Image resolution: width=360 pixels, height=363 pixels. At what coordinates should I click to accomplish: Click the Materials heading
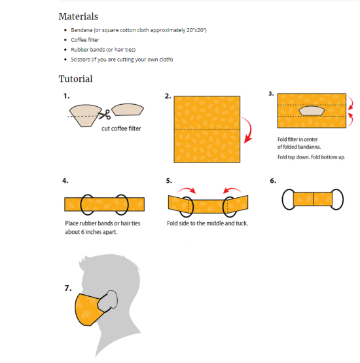click(x=79, y=16)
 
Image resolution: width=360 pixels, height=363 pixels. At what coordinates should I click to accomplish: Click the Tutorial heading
click(x=75, y=79)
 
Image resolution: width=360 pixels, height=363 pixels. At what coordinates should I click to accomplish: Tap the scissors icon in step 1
click(x=105, y=115)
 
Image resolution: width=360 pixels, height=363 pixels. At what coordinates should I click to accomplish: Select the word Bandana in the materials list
click(x=82, y=30)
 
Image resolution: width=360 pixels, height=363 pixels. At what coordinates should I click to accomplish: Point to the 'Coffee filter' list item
click(x=85, y=40)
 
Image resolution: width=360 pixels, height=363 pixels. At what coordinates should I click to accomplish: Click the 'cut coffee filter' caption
click(x=121, y=128)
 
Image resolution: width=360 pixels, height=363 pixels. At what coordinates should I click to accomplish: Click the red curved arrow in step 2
click(x=249, y=130)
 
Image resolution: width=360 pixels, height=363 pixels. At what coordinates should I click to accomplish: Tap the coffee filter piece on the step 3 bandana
click(x=312, y=111)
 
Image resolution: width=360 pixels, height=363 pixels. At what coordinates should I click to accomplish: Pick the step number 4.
click(x=65, y=181)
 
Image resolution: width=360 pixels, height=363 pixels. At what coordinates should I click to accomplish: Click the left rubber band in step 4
click(x=81, y=204)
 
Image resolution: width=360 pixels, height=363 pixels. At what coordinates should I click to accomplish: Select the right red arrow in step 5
click(x=232, y=189)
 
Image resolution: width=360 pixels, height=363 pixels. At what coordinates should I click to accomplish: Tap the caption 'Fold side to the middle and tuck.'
click(x=207, y=223)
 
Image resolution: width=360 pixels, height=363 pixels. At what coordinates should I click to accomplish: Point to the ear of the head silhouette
click(x=112, y=299)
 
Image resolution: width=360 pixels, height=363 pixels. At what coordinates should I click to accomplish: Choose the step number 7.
click(x=68, y=288)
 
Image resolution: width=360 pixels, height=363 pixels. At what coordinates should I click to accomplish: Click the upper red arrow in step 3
click(x=351, y=103)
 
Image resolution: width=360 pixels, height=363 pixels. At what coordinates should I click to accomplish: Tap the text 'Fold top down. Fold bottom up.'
click(x=311, y=157)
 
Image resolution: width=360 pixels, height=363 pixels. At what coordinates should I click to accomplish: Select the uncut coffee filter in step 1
click(x=86, y=115)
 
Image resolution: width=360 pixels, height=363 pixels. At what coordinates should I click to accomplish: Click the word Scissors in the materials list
click(x=81, y=60)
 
